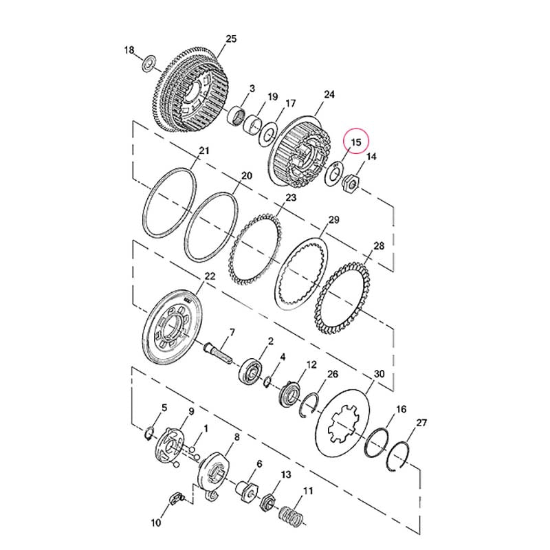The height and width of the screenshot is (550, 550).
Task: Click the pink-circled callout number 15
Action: (355, 142)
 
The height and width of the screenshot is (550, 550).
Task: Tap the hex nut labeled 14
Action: (351, 183)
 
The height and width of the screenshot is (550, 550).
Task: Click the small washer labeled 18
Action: (150, 63)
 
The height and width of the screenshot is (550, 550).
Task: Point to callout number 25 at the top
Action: (231, 38)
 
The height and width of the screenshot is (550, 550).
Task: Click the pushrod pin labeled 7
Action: (218, 353)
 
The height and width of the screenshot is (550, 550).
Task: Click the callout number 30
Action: (379, 374)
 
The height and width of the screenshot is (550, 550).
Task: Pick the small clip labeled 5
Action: (148, 433)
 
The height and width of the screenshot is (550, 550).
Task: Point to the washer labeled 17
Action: (268, 135)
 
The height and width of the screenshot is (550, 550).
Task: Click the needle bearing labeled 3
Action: (236, 115)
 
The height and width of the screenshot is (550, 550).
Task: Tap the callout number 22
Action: (210, 276)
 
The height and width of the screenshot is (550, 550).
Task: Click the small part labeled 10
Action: (177, 499)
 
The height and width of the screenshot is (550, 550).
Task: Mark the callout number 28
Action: (379, 245)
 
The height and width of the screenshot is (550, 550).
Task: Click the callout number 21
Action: (204, 151)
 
